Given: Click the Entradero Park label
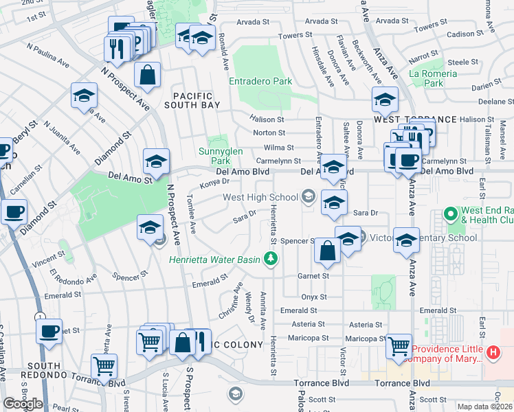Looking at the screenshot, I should point(260,81).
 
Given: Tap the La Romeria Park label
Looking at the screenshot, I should point(433,78).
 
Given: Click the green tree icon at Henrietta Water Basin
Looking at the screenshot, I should point(271,259).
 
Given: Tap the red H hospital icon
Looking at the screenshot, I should point(492,353).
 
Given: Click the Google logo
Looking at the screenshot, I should point(23,404).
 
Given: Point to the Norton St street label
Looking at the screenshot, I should point(269,133).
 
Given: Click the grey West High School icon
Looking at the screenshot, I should point(308,197).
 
